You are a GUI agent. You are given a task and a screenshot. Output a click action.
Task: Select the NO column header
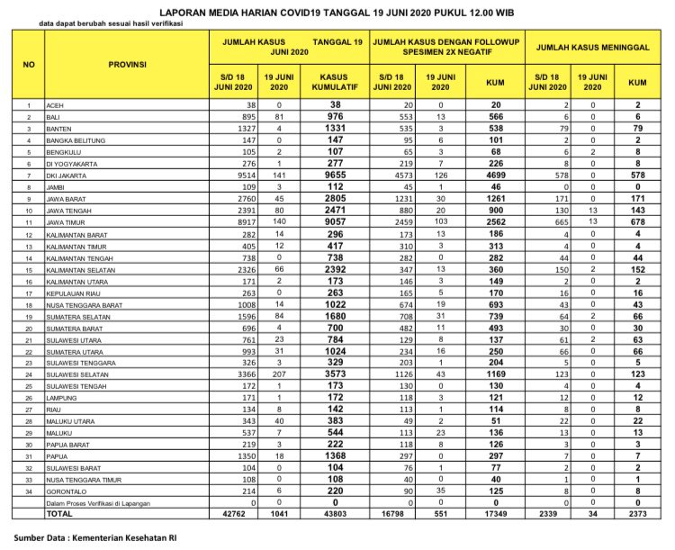pos(30,66)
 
